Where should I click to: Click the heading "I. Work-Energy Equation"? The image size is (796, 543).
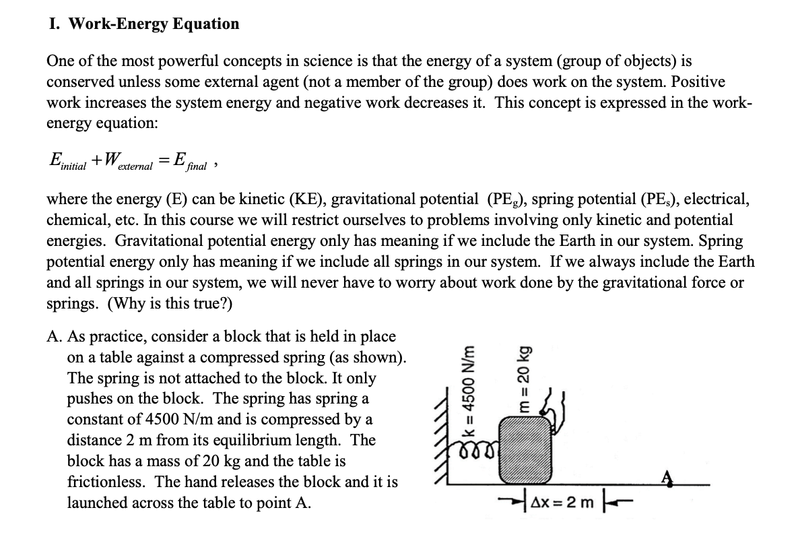[144, 24]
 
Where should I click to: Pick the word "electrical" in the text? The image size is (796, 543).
[714, 200]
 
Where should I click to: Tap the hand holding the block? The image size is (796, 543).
[559, 408]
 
